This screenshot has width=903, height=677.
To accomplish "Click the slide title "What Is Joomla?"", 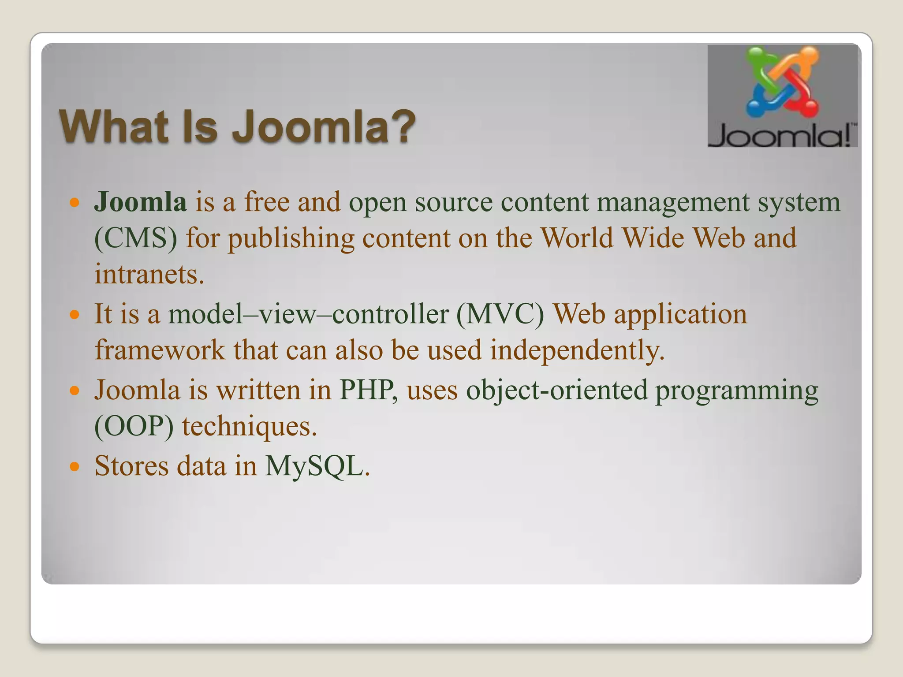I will [x=237, y=127].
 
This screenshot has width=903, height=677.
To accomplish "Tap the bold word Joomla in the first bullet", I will [x=140, y=202].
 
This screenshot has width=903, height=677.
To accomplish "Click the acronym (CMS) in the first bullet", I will [x=136, y=238].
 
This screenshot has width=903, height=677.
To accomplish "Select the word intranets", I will [x=149, y=274].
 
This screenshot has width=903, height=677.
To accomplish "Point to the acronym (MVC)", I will [x=500, y=315].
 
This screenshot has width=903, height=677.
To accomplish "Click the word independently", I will [x=577, y=351].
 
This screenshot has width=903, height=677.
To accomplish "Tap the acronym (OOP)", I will [x=134, y=427].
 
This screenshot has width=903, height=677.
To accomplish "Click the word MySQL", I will [x=317, y=466].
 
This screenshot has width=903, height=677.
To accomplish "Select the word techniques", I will [x=250, y=427].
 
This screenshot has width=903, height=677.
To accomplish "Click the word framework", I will [x=160, y=350].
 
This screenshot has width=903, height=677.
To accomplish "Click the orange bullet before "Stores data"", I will [x=75, y=466].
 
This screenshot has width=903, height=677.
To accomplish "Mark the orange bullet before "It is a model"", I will [x=75, y=315].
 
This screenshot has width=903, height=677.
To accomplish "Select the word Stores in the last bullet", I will [x=131, y=466].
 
